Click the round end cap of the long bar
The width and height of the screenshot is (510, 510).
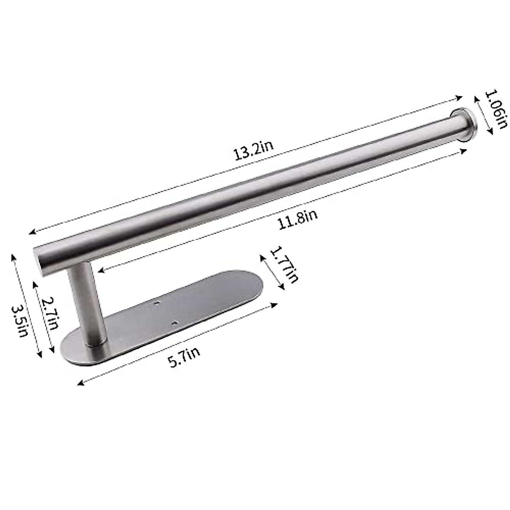point(463,123)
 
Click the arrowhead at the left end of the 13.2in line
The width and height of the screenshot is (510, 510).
point(31,232)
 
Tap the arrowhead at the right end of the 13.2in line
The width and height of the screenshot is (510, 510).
point(461,97)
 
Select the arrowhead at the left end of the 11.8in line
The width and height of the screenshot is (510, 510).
point(99,270)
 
